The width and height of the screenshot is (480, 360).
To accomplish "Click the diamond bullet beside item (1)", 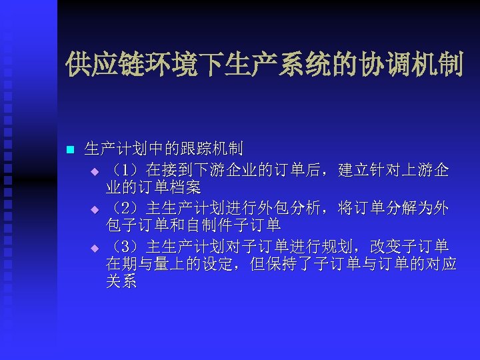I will pyautogui.click(x=95, y=171).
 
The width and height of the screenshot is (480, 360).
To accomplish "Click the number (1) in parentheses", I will pyautogui.click(x=124, y=170).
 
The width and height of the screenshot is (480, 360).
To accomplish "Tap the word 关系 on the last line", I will pyautogui.click(x=121, y=281).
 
